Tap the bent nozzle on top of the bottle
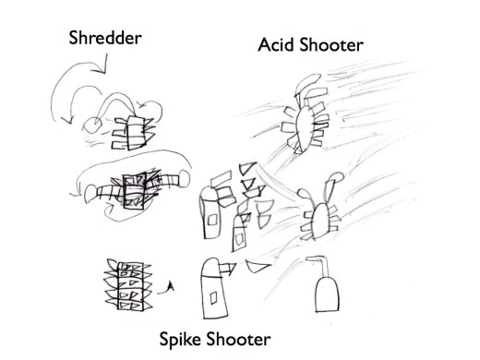pos(321,264)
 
